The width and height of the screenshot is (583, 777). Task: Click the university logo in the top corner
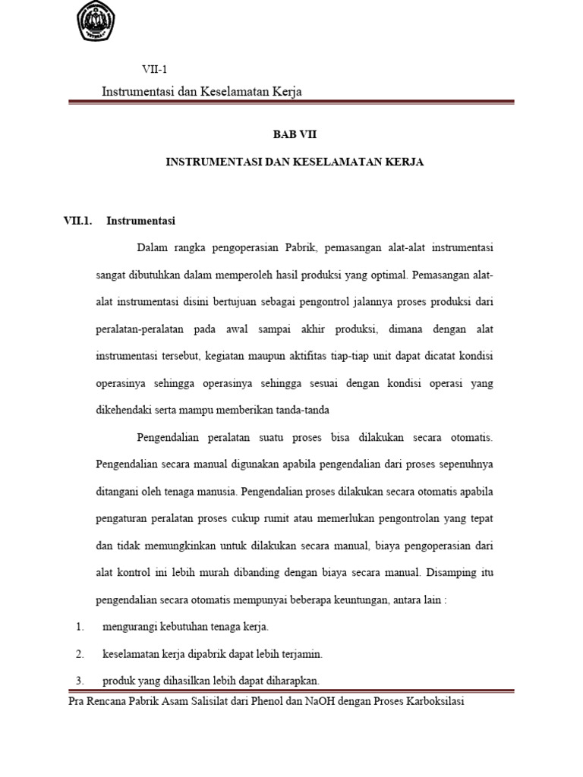(x=93, y=22)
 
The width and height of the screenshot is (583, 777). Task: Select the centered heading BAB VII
(x=295, y=134)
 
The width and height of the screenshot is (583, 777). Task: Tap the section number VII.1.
(x=77, y=222)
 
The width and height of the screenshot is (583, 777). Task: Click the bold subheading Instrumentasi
(x=141, y=222)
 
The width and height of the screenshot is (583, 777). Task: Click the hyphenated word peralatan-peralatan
(x=143, y=329)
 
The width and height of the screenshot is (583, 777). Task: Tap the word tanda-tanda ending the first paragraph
(x=312, y=411)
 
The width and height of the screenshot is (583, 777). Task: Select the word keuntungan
(x=362, y=599)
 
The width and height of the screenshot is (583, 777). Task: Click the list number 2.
(x=79, y=653)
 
